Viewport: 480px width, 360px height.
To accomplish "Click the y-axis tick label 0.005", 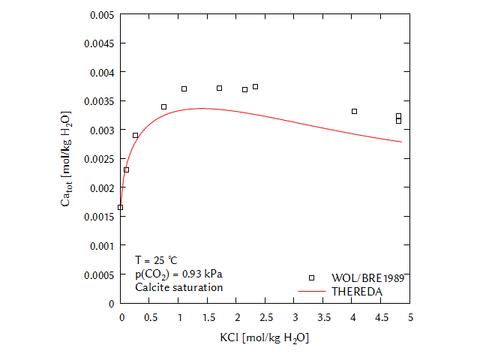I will click(101, 15).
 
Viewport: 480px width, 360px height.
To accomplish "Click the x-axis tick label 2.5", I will click(266, 318).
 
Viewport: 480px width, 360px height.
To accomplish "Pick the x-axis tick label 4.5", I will click(382, 318).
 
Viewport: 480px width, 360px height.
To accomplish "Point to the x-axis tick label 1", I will click(179, 318).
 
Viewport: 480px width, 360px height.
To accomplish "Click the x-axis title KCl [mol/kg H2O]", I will click(264, 338).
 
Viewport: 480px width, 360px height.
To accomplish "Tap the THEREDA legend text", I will click(357, 290).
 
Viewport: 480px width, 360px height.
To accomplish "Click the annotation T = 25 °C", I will click(156, 260).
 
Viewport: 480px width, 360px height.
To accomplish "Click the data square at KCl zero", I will click(120, 207).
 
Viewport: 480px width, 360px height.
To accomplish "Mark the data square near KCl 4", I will click(354, 111).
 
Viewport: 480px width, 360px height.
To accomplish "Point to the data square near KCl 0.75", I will click(163, 106).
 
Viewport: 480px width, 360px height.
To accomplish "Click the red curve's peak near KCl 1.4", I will click(201, 108).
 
